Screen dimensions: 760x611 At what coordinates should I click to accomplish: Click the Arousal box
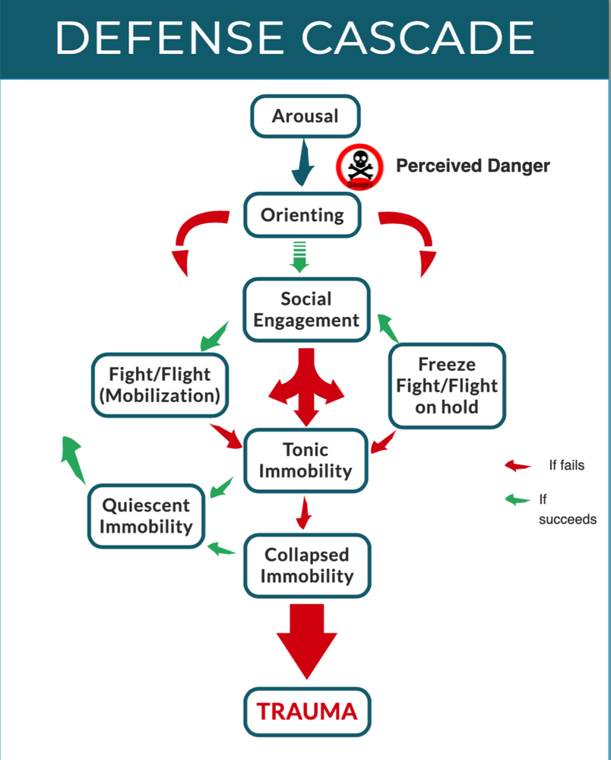[305, 116]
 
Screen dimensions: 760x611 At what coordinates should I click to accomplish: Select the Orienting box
[302, 215]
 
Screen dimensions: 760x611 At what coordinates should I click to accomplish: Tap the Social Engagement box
[306, 309]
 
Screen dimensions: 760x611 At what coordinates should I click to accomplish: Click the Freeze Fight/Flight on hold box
[447, 385]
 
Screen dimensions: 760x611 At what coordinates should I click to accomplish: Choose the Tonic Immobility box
[305, 461]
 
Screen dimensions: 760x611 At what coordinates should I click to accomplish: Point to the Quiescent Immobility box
[146, 515]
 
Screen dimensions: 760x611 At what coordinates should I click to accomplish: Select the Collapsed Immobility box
[306, 565]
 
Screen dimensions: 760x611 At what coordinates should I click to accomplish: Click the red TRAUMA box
[306, 712]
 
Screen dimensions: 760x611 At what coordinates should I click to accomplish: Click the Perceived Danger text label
[473, 166]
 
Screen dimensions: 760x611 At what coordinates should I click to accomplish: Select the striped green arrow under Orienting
[299, 255]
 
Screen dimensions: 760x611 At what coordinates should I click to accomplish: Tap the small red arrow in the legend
[518, 465]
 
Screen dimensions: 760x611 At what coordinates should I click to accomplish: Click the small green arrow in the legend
[518, 500]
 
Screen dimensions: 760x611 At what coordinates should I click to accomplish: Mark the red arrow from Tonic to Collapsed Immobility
[304, 513]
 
